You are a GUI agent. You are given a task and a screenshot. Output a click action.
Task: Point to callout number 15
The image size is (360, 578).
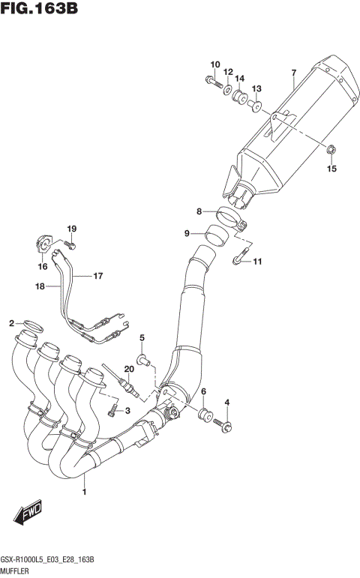[x=331, y=169]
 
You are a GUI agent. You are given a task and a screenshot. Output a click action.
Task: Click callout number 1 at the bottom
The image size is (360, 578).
[x=85, y=493]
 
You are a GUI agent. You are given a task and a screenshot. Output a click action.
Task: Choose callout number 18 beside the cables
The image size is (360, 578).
[x=39, y=286]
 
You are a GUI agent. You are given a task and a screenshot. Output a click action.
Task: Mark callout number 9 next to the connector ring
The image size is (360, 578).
[x=187, y=233]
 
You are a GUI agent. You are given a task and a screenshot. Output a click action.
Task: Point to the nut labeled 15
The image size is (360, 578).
[x=331, y=154]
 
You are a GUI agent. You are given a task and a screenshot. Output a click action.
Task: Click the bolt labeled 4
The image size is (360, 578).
[x=223, y=425]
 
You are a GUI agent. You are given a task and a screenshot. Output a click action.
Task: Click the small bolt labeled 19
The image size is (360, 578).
[x=69, y=244]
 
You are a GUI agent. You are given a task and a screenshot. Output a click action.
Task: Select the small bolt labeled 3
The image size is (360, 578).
[x=112, y=410]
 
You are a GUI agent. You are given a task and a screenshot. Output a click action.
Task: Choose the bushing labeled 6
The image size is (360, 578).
[x=203, y=415]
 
